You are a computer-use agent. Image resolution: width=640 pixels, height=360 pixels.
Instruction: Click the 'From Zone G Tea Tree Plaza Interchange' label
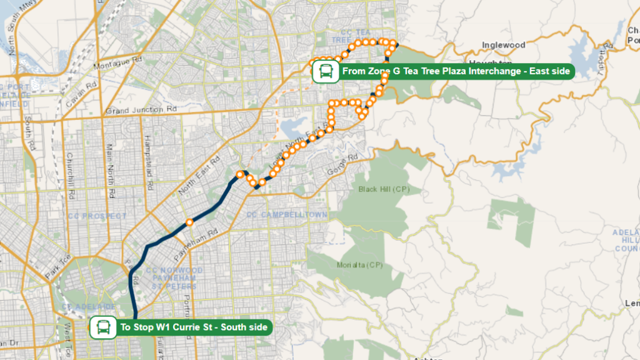[x=456, y=71]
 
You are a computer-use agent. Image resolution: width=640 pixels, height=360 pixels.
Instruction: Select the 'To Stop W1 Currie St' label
[x=193, y=327]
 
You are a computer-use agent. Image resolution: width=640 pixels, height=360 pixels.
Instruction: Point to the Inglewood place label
[x=503, y=45]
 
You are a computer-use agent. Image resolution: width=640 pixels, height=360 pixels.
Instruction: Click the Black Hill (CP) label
[x=382, y=189]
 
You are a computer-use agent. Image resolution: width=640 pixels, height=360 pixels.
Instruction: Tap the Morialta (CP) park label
[x=359, y=264]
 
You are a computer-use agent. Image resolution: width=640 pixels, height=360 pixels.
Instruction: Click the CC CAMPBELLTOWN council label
[x=287, y=215]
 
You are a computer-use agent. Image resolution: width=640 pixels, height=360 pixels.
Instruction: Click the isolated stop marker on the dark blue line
[x=189, y=222]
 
